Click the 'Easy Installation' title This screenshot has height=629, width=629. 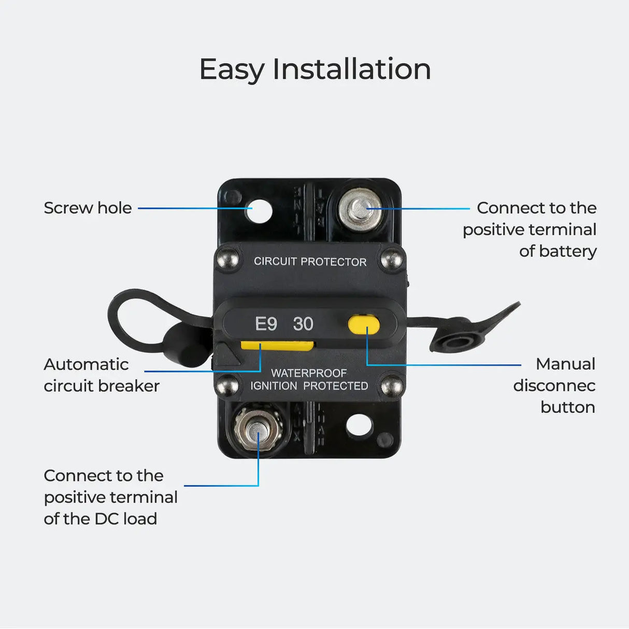314,69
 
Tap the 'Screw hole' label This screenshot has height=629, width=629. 88,208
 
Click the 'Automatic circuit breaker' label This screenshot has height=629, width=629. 101,375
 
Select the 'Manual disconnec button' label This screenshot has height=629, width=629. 554,385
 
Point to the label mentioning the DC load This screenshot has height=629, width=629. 110,497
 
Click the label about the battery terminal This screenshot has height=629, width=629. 530,230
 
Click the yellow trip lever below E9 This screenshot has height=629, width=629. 277,346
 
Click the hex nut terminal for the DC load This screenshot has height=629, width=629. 257,427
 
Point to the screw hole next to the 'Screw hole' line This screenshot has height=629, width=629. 259,211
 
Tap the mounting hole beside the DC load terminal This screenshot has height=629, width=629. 359,425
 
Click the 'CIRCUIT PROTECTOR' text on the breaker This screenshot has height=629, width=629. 310,262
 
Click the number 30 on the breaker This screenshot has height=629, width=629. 303,324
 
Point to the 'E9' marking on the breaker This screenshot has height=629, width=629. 266,324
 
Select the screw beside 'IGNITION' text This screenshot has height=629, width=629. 227,385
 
